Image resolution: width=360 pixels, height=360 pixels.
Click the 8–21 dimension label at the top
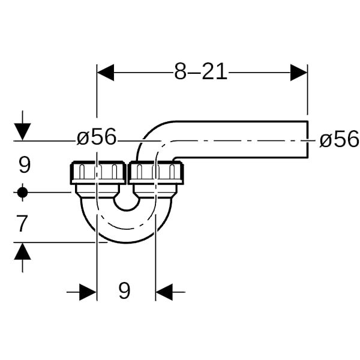tap(201, 71)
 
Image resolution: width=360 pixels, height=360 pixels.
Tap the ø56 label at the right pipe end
tap(339, 139)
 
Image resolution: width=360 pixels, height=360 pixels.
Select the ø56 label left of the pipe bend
tap(97, 137)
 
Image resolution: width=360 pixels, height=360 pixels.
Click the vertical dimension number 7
tap(22, 223)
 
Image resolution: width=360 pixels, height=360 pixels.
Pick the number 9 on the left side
tap(25, 165)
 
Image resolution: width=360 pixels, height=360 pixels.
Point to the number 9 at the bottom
tap(124, 290)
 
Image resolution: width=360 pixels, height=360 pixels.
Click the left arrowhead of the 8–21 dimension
tap(106, 73)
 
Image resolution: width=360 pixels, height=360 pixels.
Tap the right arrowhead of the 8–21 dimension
tap(299, 73)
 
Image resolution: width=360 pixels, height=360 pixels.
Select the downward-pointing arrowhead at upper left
tap(22, 131)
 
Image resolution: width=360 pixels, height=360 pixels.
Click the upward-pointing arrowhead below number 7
tap(23, 251)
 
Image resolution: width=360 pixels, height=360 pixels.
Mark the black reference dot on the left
tap(22, 193)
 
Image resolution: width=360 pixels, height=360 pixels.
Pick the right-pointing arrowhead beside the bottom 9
tap(88, 292)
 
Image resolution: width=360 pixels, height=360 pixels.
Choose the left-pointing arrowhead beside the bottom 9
tap(164, 292)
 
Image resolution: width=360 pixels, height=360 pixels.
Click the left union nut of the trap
tap(98, 173)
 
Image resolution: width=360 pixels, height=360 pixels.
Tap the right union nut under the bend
tap(156, 173)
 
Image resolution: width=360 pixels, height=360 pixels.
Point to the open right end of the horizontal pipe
tap(307, 139)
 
